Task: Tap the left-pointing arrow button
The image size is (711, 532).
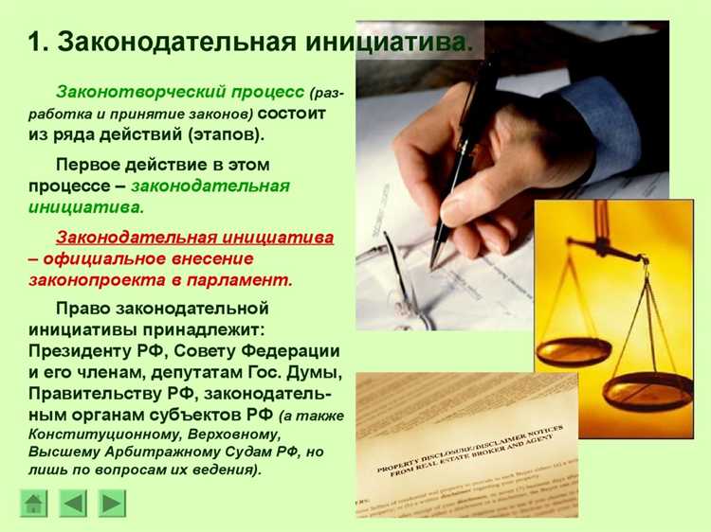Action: (x=73, y=503)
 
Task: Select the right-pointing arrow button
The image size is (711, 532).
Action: (x=113, y=503)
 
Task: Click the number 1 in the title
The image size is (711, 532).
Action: (x=35, y=44)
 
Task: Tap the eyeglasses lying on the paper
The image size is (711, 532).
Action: (x=398, y=284)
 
